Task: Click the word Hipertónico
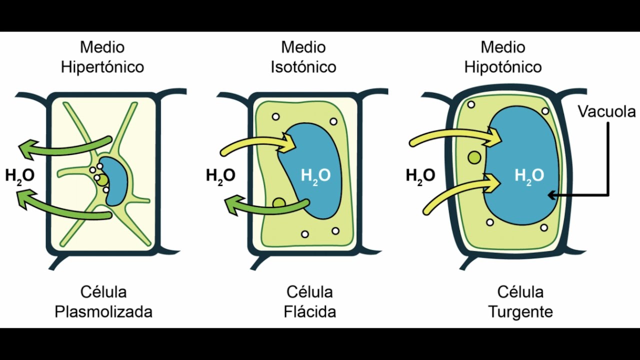pyautogui.click(x=102, y=67)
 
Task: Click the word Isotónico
pyautogui.click(x=303, y=67)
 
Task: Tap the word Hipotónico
pyautogui.click(x=503, y=67)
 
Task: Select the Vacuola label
pyautogui.click(x=607, y=111)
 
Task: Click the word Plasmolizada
pyautogui.click(x=103, y=311)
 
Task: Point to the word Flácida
pyautogui.click(x=309, y=311)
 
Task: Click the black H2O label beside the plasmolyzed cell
pyautogui.click(x=20, y=176)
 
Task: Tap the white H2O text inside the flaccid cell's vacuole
pyautogui.click(x=315, y=176)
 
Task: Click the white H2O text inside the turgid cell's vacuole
pyautogui.click(x=529, y=176)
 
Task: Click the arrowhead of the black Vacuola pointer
pyautogui.click(x=548, y=195)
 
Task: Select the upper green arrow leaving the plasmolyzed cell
pyautogui.click(x=65, y=148)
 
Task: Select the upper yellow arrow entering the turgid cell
pyautogui.click(x=454, y=136)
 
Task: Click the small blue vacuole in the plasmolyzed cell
pyautogui.click(x=115, y=181)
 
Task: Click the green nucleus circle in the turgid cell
pyautogui.click(x=474, y=157)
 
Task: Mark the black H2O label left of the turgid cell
pyautogui.click(x=420, y=176)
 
